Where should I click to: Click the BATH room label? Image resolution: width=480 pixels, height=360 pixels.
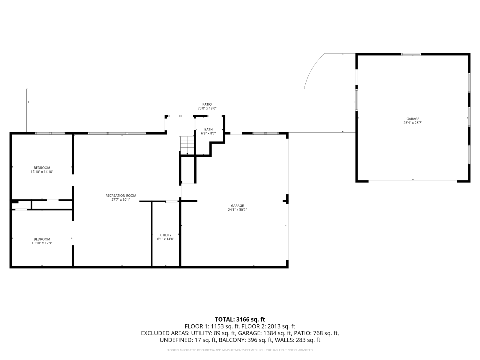click(x=208, y=129)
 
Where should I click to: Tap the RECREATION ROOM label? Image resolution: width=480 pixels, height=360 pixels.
click(x=121, y=196)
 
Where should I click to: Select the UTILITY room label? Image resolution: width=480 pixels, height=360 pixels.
click(x=166, y=235)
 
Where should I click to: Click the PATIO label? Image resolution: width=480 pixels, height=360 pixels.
click(x=207, y=104)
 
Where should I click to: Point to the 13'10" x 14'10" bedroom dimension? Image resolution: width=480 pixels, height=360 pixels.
click(x=42, y=172)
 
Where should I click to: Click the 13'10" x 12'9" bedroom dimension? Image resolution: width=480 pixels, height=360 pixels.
click(x=42, y=243)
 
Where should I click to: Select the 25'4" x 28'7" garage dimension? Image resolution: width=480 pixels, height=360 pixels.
click(x=412, y=123)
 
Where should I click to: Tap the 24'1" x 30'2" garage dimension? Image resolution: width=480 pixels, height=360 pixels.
click(x=237, y=210)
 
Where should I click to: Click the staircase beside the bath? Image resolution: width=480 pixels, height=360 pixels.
click(x=187, y=145)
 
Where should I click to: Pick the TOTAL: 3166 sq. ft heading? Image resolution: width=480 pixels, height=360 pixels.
click(x=240, y=319)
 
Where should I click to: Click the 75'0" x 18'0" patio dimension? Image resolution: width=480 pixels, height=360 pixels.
click(x=207, y=108)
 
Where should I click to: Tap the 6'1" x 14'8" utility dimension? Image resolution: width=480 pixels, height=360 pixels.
click(x=166, y=239)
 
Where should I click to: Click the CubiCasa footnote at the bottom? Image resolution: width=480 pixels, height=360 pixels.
click(x=240, y=350)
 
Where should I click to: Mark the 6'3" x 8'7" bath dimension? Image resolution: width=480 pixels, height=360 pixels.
click(x=208, y=133)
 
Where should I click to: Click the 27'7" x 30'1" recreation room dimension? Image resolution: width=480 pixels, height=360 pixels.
click(x=121, y=199)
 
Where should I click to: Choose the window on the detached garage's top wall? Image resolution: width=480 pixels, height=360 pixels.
click(x=411, y=54)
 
